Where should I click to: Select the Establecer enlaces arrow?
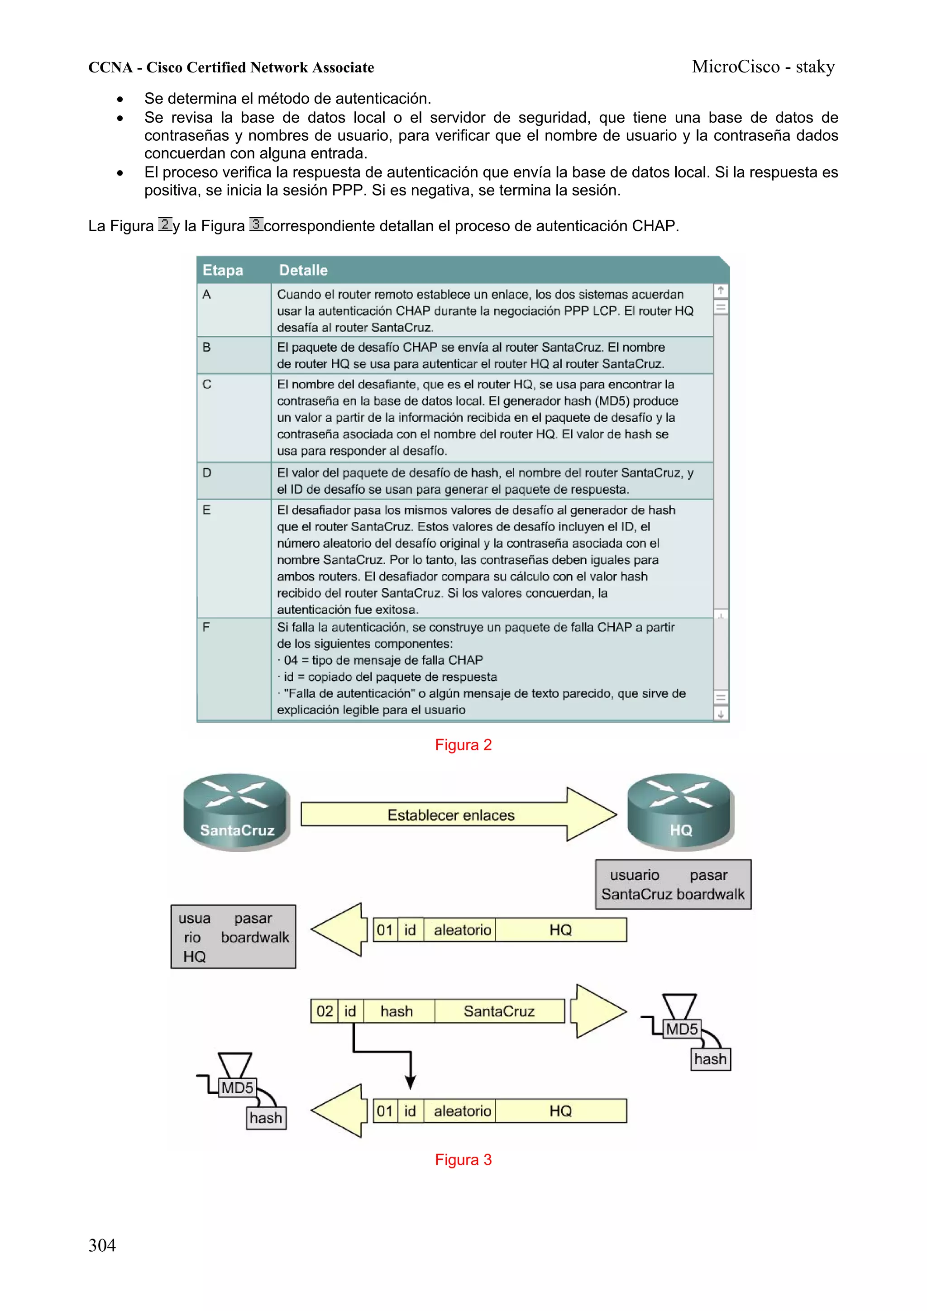pyautogui.click(x=451, y=815)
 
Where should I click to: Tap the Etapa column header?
pyautogui.click(x=223, y=270)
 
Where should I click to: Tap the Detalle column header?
pyautogui.click(x=303, y=270)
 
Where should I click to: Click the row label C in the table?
pyautogui.click(x=207, y=384)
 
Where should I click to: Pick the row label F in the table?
pyautogui.click(x=206, y=627)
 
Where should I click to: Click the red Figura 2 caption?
pyautogui.click(x=463, y=744)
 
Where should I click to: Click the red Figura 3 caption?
pyautogui.click(x=463, y=1160)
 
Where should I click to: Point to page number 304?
pyautogui.click(x=102, y=1245)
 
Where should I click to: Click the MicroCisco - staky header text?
pyautogui.click(x=763, y=67)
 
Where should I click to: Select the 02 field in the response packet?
pyautogui.click(x=325, y=1011)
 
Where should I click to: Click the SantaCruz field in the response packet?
pyautogui.click(x=499, y=1011)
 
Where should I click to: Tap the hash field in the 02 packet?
pyautogui.click(x=397, y=1011)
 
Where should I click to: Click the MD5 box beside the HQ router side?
pyautogui.click(x=681, y=1030)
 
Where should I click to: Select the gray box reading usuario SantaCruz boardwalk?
pyautogui.click(x=673, y=884)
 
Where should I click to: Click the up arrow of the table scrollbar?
pyautogui.click(x=721, y=291)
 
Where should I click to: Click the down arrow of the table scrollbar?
pyautogui.click(x=721, y=714)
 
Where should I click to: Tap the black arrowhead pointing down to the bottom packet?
pyautogui.click(x=410, y=1082)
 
